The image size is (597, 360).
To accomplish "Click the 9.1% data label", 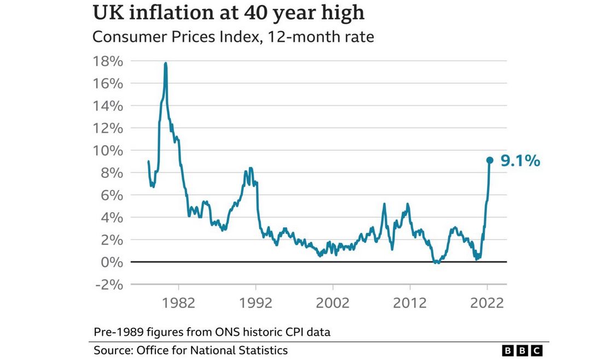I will (x=520, y=161).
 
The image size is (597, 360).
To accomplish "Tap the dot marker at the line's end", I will (x=490, y=160).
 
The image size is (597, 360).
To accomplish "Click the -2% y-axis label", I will (x=108, y=284).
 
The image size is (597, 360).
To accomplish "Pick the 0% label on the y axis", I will (x=112, y=262).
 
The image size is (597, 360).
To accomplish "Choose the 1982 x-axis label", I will (x=179, y=303).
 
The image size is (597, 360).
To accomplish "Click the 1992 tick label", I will (x=256, y=303).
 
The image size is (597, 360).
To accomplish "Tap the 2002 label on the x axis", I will (x=333, y=303).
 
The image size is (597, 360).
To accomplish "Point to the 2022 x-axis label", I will (x=486, y=303).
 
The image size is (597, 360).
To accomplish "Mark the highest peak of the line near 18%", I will (x=165, y=63).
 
